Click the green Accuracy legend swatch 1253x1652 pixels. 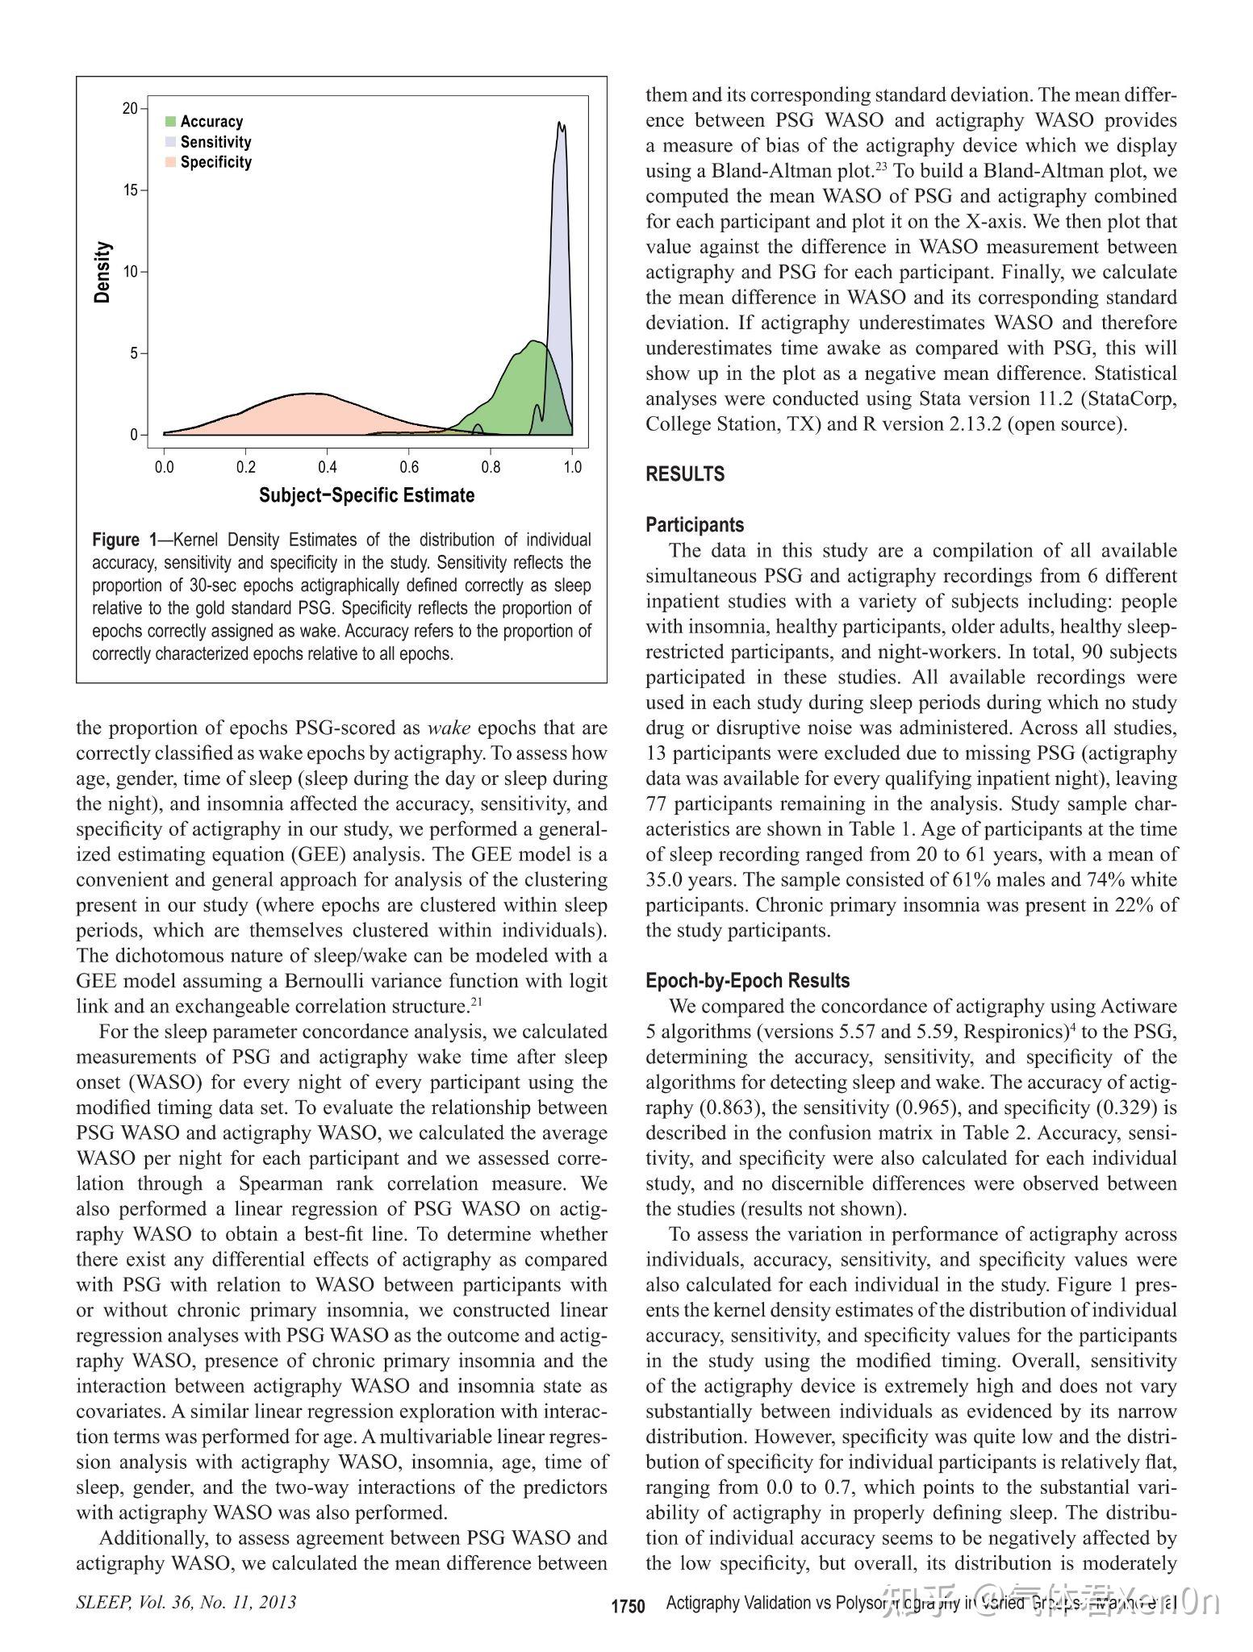point(170,122)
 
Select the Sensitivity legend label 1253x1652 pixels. point(215,142)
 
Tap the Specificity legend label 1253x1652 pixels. point(215,162)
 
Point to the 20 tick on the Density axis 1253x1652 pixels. point(130,109)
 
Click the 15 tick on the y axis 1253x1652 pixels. point(130,190)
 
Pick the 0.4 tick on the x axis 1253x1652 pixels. point(327,467)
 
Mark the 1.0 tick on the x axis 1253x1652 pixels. point(572,467)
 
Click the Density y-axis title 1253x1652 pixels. point(102,272)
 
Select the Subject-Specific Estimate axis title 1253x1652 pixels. point(366,495)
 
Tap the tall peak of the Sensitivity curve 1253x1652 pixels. point(561,125)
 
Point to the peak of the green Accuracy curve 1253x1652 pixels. point(533,342)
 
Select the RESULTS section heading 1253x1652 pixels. point(685,474)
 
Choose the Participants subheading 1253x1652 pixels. point(695,525)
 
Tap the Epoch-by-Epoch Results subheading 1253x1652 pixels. point(747,981)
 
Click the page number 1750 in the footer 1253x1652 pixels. point(628,1606)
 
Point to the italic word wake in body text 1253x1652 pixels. point(449,728)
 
